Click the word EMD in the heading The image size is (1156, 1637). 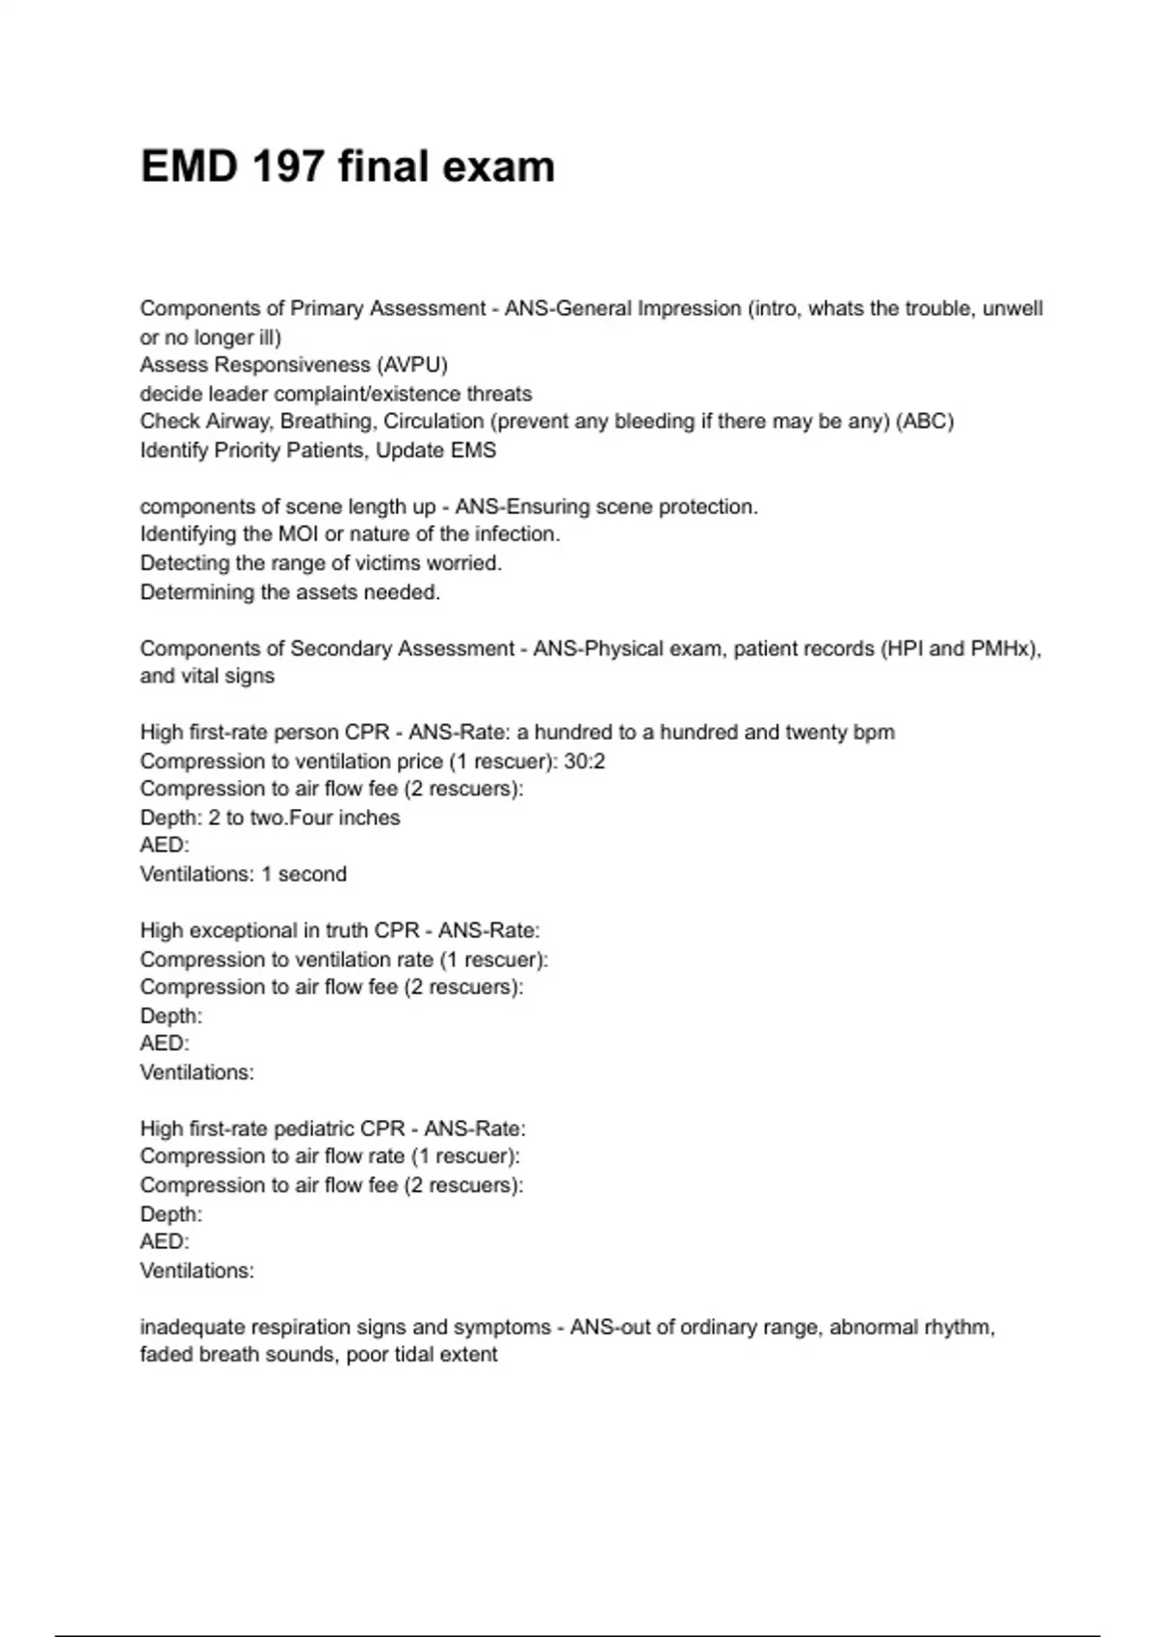tap(188, 167)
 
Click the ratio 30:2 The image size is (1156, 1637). tap(585, 761)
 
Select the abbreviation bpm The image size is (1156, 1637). tap(874, 732)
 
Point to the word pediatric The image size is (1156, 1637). tap(339, 1128)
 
